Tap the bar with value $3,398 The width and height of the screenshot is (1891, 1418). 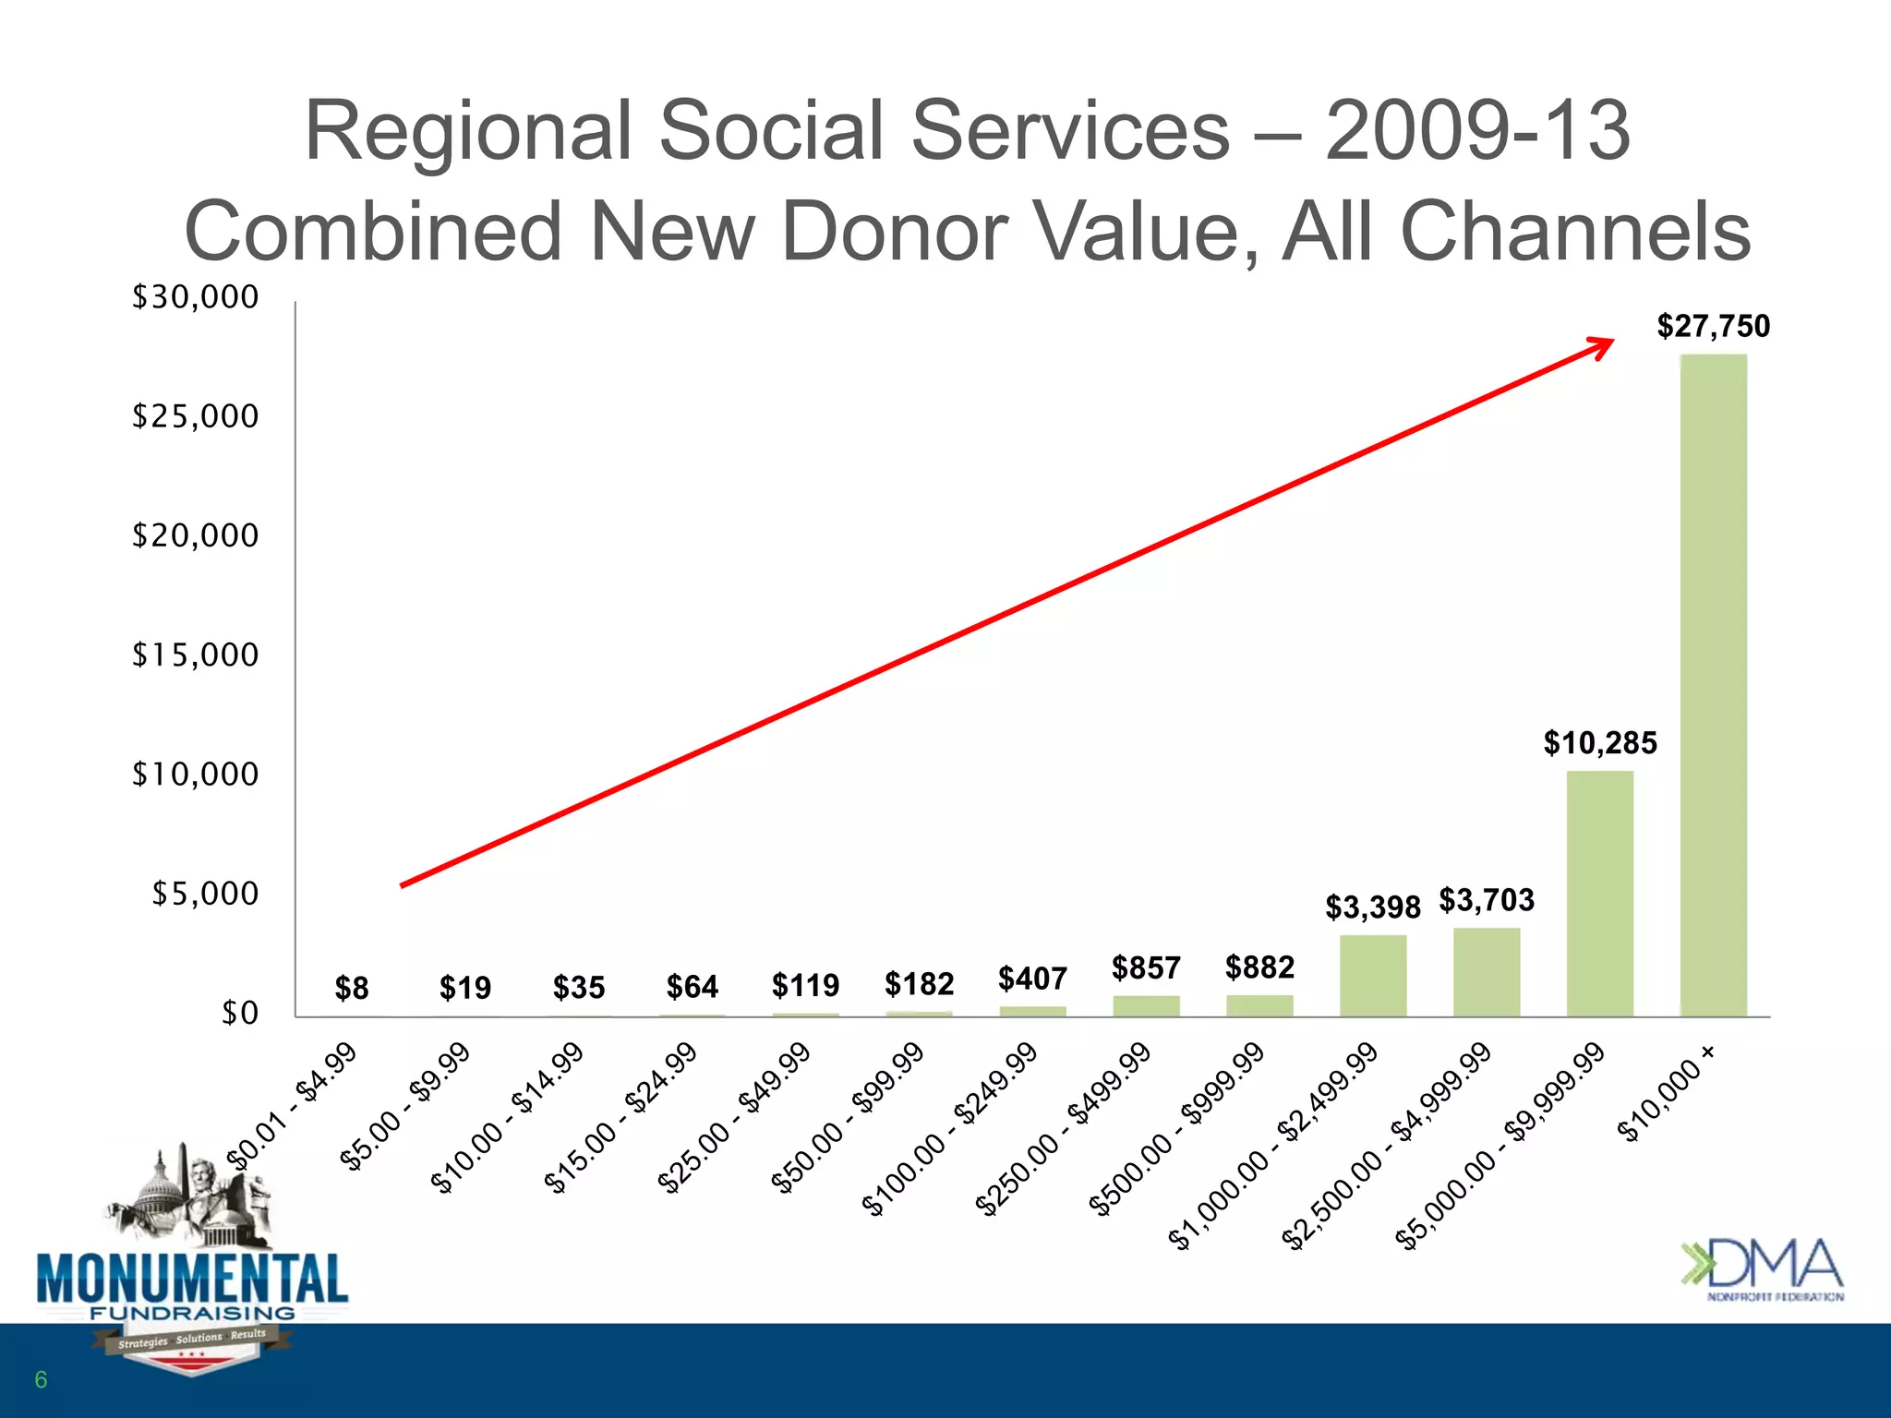click(1373, 976)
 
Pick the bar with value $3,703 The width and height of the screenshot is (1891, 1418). click(1487, 972)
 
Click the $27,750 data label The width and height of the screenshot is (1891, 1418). click(1713, 326)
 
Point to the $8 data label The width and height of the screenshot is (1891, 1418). click(352, 989)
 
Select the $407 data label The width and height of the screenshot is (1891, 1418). click(1032, 979)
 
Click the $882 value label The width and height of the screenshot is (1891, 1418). click(1259, 967)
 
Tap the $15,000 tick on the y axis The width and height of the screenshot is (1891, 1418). click(195, 655)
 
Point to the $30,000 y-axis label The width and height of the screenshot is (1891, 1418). click(195, 297)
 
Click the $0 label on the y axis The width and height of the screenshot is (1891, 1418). click(239, 1013)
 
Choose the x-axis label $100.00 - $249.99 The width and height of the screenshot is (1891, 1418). click(950, 1129)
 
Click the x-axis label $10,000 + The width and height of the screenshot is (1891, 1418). click(1668, 1095)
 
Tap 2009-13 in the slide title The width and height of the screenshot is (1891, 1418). click(1477, 131)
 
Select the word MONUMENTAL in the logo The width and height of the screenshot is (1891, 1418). click(192, 1279)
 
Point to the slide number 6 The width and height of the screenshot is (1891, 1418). click(41, 1380)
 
